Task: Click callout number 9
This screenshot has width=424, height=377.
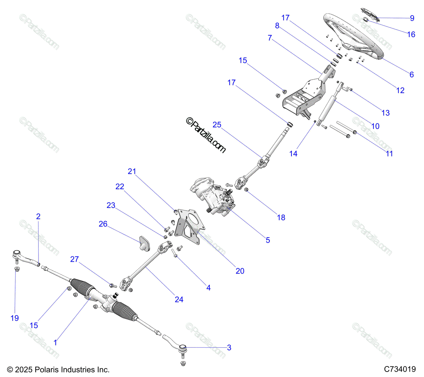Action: pos(412,18)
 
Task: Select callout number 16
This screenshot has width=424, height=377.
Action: pos(411,34)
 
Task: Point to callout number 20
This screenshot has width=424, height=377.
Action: pos(240,271)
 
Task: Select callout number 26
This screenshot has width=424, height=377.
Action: pos(103,224)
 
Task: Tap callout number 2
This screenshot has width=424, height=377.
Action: pos(38,216)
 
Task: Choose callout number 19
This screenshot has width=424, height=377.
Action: pos(14,318)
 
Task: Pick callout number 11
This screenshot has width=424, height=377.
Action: pos(389,153)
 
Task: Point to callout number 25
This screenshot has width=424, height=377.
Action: pos(217,124)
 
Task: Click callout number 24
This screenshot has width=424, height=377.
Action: pos(179,300)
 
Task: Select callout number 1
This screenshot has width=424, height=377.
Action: pos(55,342)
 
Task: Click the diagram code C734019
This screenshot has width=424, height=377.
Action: pos(400,369)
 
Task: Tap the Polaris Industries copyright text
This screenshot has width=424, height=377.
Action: pos(58,370)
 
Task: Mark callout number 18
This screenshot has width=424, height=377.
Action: pos(281,217)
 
